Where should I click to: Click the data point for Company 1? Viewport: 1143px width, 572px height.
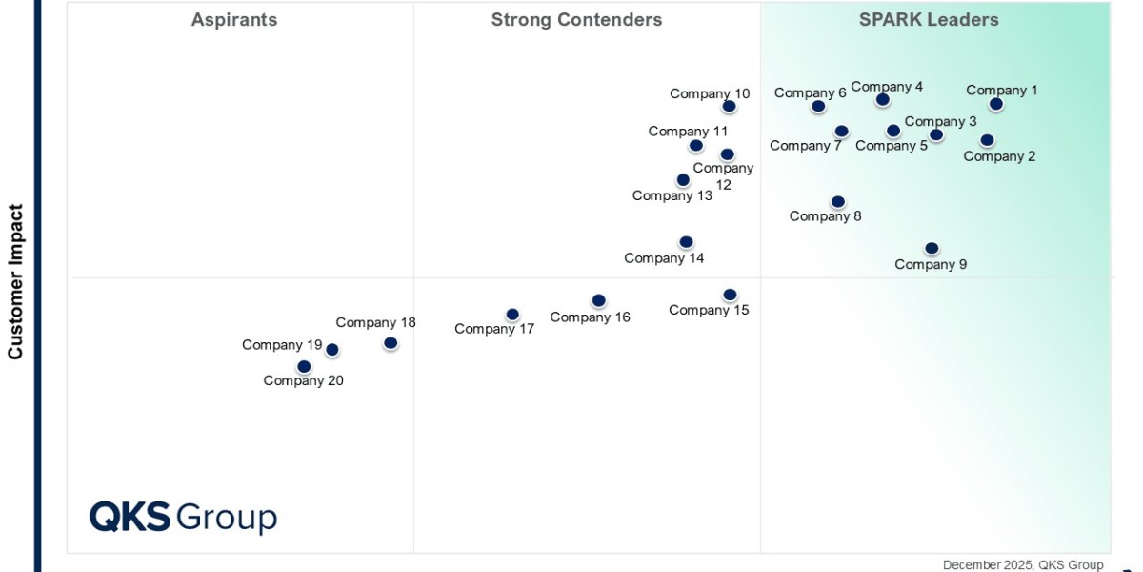(995, 104)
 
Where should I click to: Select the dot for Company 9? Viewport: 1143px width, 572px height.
(932, 248)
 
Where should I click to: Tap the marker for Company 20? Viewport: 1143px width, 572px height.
(304, 366)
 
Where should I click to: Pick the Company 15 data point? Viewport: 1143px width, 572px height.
(730, 295)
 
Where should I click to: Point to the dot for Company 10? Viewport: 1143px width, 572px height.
(729, 106)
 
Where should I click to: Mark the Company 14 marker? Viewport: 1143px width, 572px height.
(686, 242)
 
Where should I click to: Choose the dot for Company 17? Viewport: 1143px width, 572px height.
(512, 314)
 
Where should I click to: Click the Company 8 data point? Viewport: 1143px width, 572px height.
(837, 201)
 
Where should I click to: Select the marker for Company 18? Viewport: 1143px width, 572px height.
(391, 342)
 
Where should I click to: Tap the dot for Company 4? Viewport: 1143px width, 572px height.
(882, 99)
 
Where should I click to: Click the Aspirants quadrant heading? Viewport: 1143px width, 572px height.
(234, 20)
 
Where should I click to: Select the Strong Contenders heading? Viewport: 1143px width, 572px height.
(576, 20)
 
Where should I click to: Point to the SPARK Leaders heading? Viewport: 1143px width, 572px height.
(929, 20)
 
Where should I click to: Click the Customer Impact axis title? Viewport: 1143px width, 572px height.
(15, 281)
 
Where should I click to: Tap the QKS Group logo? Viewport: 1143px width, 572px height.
(183, 517)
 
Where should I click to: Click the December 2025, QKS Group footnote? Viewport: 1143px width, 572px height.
(1023, 564)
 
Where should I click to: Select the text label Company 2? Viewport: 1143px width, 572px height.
(999, 156)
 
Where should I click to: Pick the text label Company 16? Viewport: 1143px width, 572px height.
(590, 317)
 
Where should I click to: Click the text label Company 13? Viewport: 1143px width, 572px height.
(672, 196)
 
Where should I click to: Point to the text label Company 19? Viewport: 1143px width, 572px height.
(282, 345)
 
